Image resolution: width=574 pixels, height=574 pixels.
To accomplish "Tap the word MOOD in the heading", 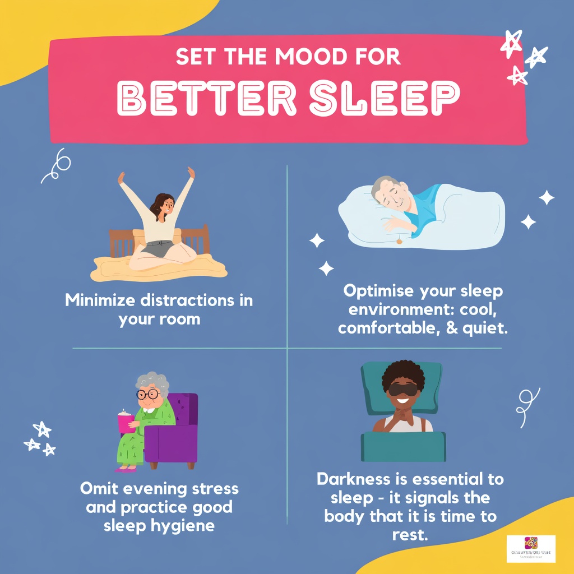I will click(314, 57).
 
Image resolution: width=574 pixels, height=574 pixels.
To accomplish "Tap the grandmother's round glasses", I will click(148, 395).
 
